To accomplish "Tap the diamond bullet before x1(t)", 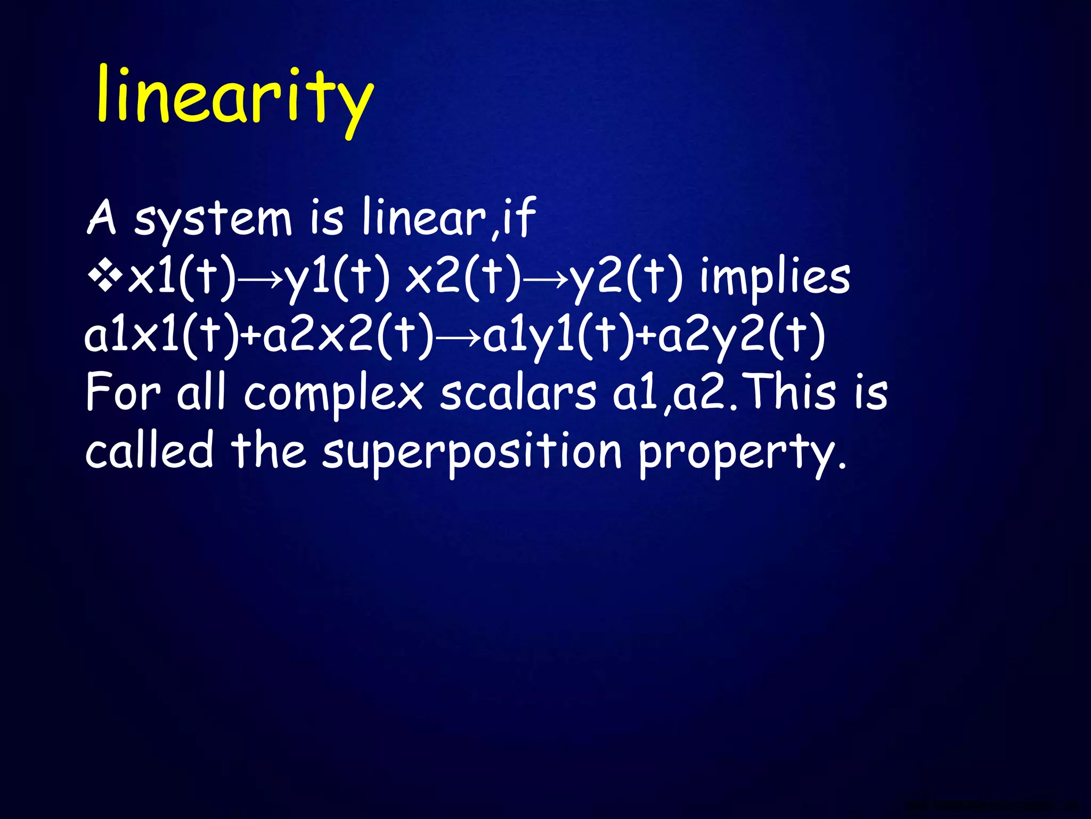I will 105,278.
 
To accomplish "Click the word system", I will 213,219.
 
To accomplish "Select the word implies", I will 775,278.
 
